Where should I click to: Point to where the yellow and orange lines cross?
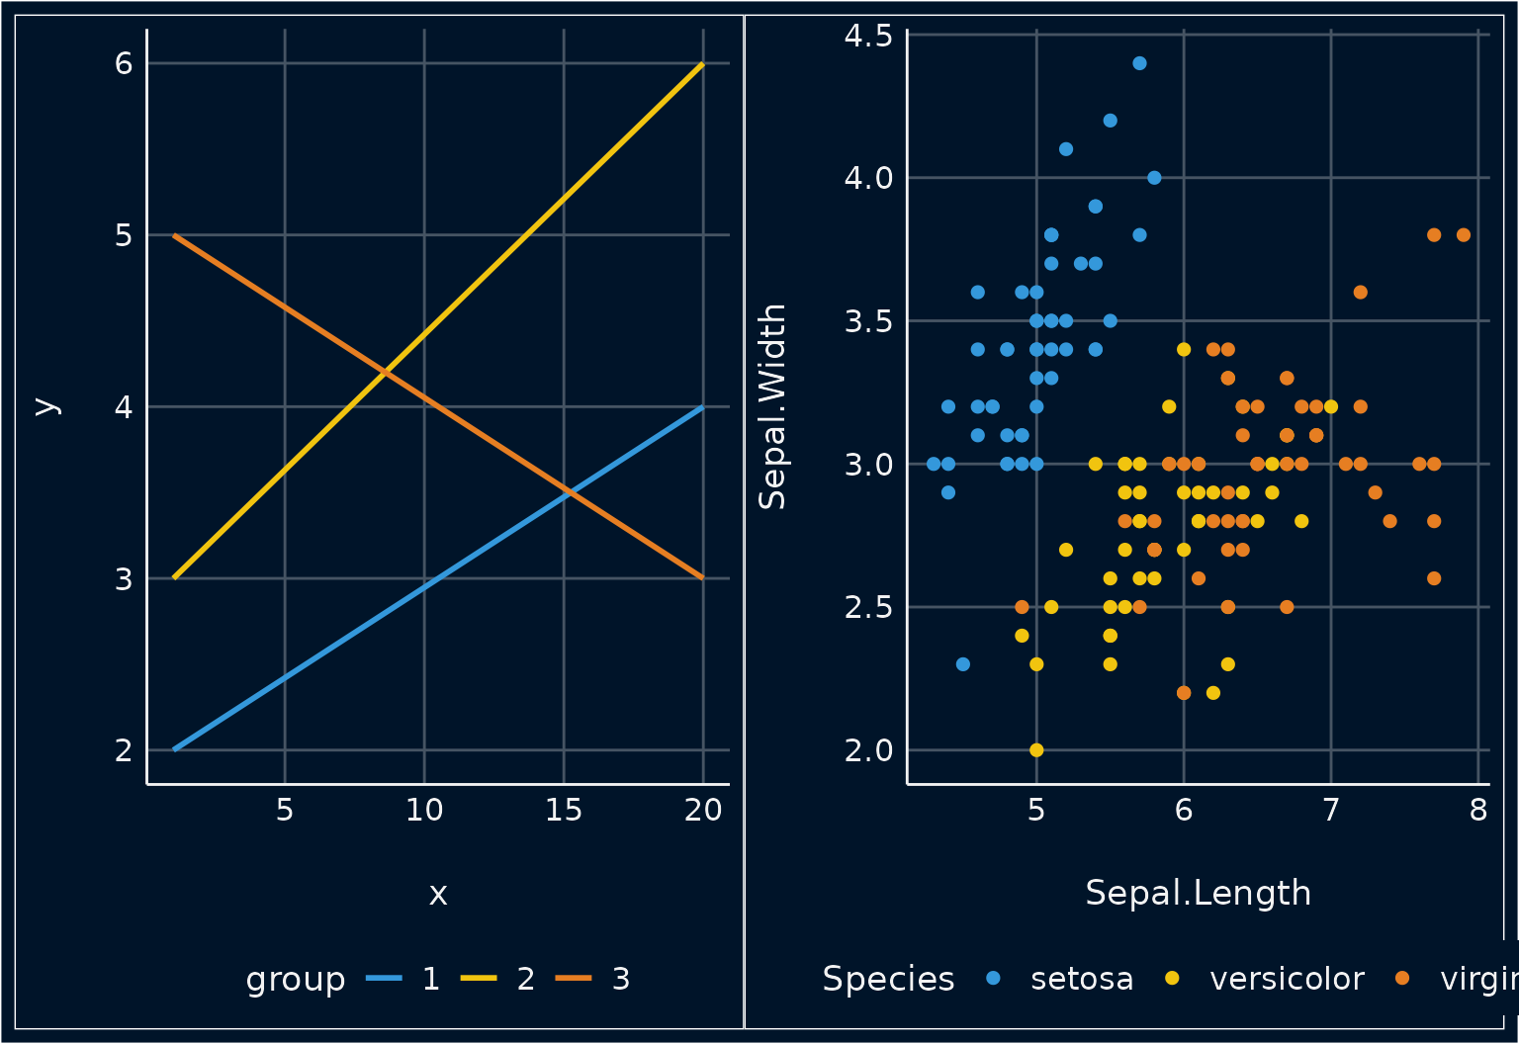(384, 372)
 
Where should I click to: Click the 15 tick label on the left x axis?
(564, 811)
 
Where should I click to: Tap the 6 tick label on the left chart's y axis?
(124, 63)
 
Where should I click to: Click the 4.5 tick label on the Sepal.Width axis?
(867, 36)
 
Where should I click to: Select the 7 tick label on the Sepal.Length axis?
(1330, 811)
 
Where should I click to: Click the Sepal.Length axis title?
(1198, 893)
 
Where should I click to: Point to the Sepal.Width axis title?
(772, 406)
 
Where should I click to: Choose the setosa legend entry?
(1081, 979)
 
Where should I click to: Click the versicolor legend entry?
(1286, 979)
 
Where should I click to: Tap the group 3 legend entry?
(620, 979)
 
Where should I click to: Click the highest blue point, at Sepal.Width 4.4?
(1139, 63)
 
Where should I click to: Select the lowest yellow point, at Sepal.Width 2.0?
(1036, 749)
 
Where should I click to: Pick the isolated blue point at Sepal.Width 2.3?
(963, 664)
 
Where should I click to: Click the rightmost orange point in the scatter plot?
(1464, 235)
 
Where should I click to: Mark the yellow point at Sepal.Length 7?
(1331, 406)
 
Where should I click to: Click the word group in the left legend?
(295, 979)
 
